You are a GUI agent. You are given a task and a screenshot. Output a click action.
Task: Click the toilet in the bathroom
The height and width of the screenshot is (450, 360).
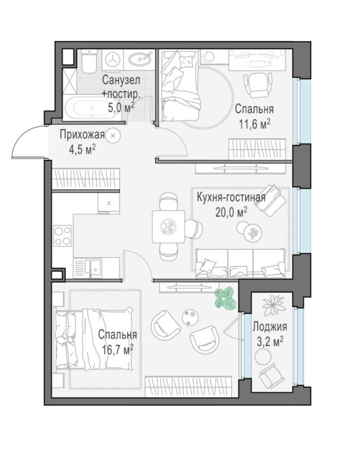tap(89, 61)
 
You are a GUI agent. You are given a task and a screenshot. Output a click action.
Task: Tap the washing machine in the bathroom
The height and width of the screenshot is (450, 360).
tap(113, 60)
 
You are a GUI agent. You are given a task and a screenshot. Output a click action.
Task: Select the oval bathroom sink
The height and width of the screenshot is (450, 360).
tap(140, 59)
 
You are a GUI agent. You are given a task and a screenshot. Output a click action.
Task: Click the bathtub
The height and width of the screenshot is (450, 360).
tap(92, 108)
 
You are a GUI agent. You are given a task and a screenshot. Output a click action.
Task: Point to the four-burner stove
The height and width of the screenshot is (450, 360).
tap(62, 235)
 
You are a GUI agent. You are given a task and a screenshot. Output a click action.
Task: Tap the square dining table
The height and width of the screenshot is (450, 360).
tap(169, 226)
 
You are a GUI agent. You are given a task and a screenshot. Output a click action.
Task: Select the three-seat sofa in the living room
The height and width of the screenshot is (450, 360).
tap(240, 263)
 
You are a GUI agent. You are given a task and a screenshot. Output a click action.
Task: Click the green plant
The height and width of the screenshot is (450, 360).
tap(226, 298)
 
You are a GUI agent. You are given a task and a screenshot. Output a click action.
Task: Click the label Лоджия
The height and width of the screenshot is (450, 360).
tap(270, 326)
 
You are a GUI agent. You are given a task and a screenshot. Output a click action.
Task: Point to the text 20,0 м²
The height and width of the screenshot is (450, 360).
tap(232, 212)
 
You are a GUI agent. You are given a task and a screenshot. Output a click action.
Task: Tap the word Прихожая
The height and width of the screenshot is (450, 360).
tap(82, 134)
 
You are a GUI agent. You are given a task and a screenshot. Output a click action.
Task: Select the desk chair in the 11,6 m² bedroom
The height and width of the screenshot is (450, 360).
tap(258, 85)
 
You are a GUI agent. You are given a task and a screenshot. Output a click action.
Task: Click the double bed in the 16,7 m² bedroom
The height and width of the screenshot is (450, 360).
tap(94, 339)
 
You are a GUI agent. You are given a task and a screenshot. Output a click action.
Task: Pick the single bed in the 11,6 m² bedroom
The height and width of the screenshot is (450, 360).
tap(180, 85)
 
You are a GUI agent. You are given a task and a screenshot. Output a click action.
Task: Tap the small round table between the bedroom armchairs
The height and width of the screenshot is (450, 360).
tap(190, 317)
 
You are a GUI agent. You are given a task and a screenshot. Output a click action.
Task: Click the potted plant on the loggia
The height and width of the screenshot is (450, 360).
tap(273, 305)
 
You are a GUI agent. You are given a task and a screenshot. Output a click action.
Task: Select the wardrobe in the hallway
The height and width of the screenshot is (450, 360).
tap(85, 179)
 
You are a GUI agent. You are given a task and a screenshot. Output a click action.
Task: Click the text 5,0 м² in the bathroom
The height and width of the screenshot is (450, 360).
tap(121, 108)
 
